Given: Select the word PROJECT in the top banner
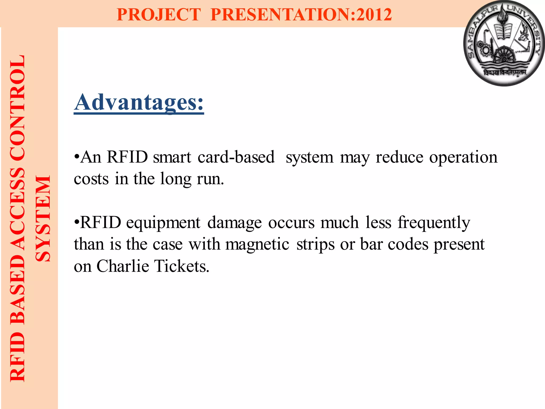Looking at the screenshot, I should pyautogui.click(x=159, y=14).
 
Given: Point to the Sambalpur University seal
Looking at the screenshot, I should pyautogui.click(x=504, y=43).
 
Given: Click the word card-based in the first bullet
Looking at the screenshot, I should pyautogui.click(x=236, y=157).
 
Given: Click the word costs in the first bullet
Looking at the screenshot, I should pyautogui.click(x=91, y=179).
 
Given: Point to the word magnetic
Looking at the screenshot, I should pyautogui.click(x=257, y=244).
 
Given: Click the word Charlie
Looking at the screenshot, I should pyautogui.click(x=123, y=266).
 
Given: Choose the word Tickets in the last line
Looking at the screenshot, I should pyautogui.click(x=182, y=266).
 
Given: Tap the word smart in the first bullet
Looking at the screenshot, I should pyautogui.click(x=172, y=157).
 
